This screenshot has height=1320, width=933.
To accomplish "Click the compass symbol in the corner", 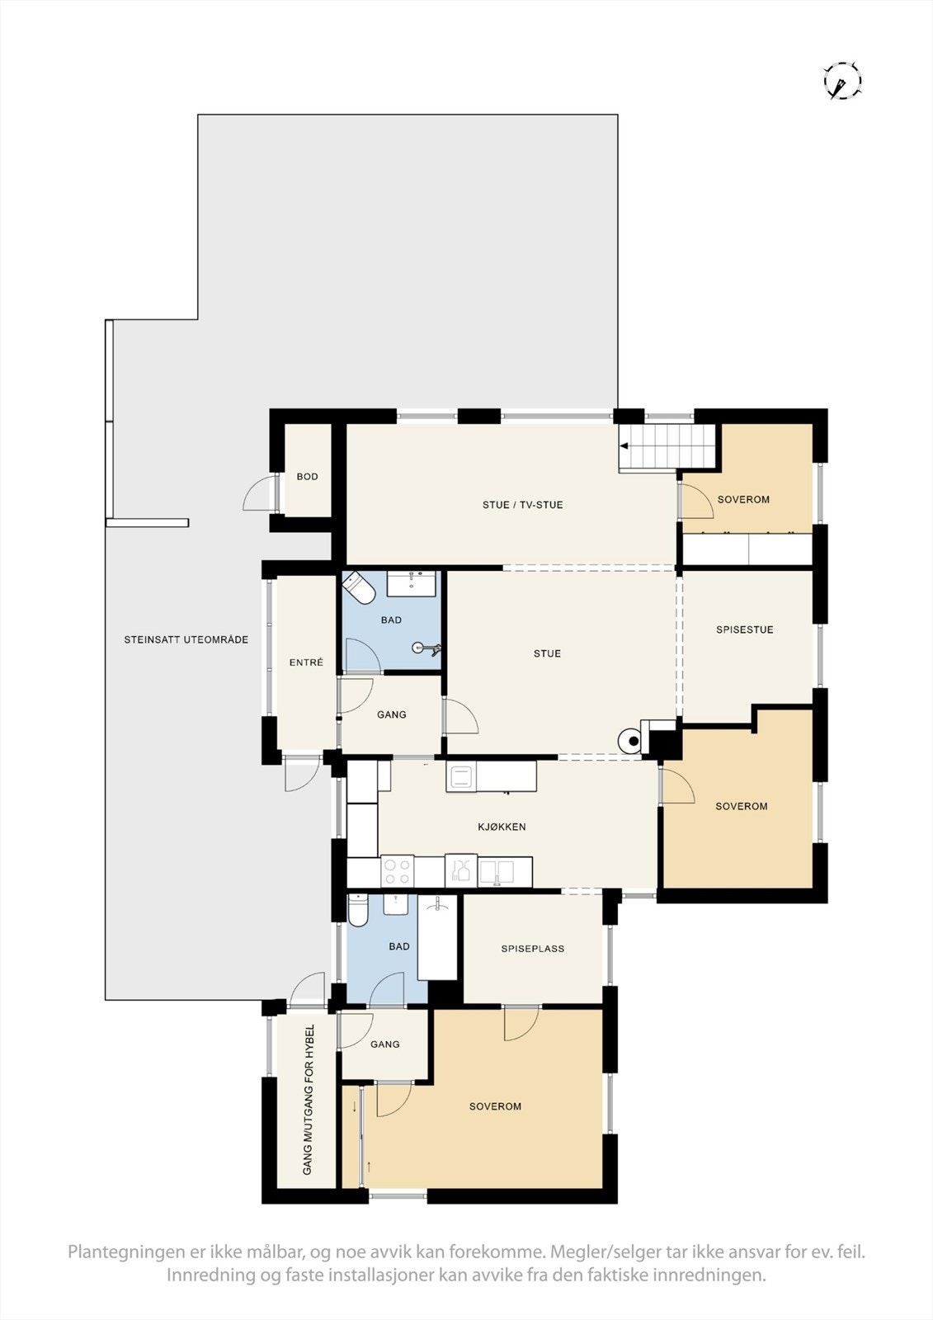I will [842, 81].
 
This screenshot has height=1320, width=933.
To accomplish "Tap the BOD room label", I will [308, 477].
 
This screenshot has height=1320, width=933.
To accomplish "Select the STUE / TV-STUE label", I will [523, 505].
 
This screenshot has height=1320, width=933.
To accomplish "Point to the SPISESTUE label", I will [745, 629].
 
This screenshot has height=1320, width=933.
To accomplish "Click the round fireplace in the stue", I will [631, 741].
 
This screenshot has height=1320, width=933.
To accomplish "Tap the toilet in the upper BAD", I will [360, 587].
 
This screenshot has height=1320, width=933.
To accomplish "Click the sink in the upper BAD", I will [412, 583].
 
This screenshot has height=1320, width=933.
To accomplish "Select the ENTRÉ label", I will [306, 662].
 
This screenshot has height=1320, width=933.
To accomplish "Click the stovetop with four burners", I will [397, 872].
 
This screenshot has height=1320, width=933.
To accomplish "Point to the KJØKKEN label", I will [502, 827].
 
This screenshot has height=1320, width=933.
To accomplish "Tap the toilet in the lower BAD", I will [358, 910].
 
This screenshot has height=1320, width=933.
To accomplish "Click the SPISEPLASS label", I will [533, 949].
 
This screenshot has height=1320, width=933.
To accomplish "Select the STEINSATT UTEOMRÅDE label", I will [186, 639].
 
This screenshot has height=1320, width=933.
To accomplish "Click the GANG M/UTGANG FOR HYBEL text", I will [308, 1100].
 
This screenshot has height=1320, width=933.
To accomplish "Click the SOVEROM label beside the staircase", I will [743, 499].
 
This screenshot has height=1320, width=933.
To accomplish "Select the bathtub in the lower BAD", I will [437, 938].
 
